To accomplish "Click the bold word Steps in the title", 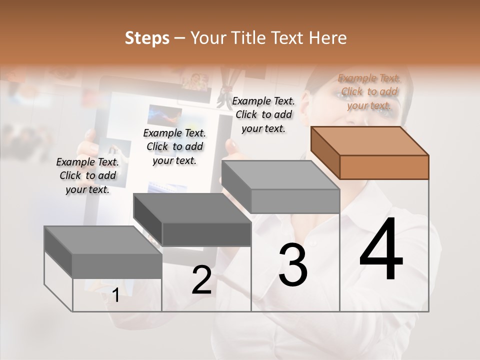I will (x=147, y=38).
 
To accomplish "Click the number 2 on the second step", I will (x=201, y=280).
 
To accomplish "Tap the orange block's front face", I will (x=384, y=167).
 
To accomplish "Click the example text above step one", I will (x=87, y=175).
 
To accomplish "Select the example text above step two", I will (x=174, y=146).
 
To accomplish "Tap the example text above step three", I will (x=263, y=114).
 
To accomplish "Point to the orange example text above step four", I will (x=369, y=91).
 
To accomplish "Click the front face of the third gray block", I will (x=295, y=201).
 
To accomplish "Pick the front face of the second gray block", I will (x=206, y=234).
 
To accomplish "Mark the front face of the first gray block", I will (x=117, y=266).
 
